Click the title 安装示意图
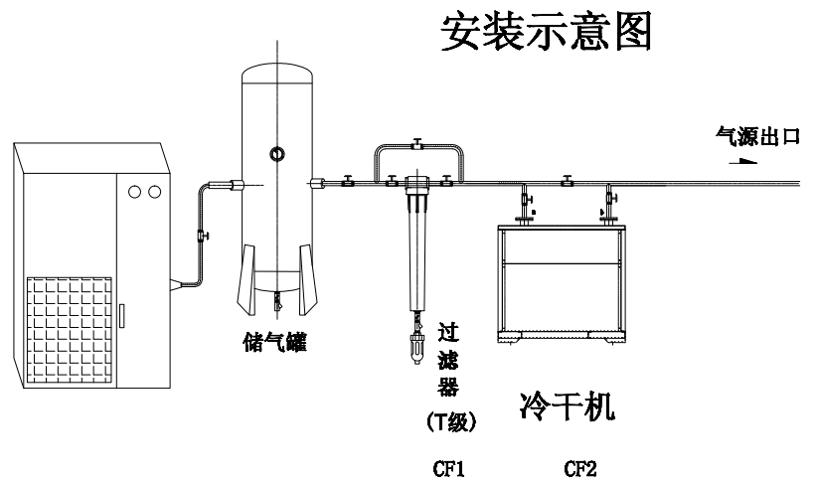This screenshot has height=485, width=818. pos(546,32)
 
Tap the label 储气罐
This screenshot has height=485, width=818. pos(275,343)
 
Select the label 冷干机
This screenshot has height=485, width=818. pos(568,405)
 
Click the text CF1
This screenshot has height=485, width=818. pos(448,469)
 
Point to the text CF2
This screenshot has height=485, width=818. pos(579,469)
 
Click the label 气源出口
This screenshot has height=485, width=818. pos(757,136)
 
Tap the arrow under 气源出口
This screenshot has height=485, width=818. pos(742,161)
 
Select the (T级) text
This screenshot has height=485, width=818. pos(451,422)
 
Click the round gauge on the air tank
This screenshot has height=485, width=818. pos(277,154)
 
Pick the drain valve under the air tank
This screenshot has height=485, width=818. pos(277,301)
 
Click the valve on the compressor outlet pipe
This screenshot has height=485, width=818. pos(203,236)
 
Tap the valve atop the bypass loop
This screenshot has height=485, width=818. pos(416,144)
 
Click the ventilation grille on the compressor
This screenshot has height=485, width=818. pos(70,330)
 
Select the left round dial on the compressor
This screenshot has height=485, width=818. pos(134,192)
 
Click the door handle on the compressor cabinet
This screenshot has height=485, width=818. pos(121,316)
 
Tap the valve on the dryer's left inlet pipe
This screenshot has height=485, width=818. pos(527,200)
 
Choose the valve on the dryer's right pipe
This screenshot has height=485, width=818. pos(611,199)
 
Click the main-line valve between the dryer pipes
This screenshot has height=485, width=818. pos(568,181)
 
